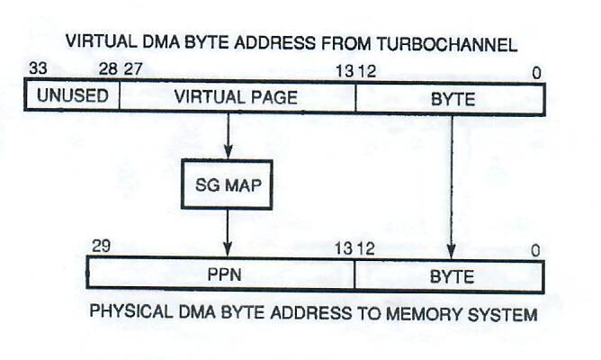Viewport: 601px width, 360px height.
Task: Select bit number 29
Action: (x=99, y=246)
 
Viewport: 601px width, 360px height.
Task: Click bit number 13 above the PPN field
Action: (x=344, y=247)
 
